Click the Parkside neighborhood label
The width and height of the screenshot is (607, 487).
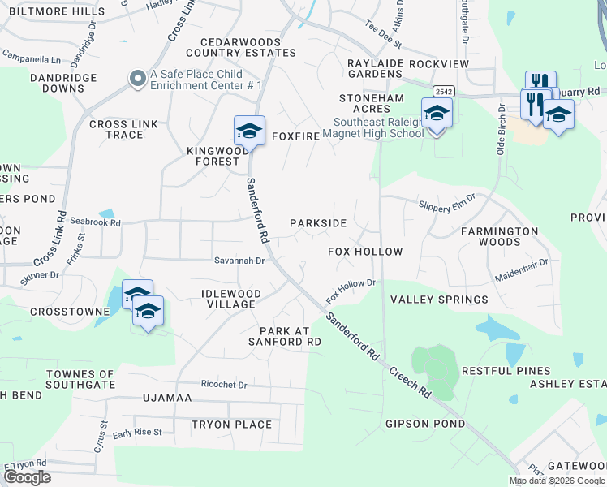pyautogui.click(x=318, y=223)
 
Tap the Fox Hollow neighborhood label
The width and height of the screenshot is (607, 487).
pyautogui.click(x=365, y=252)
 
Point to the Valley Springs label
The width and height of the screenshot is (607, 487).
pyautogui.click(x=439, y=300)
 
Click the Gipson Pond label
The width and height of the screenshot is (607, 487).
pyautogui.click(x=425, y=424)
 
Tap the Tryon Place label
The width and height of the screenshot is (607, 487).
pyautogui.click(x=231, y=425)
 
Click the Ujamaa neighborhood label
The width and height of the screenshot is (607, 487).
pyautogui.click(x=166, y=399)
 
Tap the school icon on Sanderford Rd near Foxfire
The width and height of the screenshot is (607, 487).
pyautogui.click(x=250, y=130)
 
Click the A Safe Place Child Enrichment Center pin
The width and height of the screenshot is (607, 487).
pyautogui.click(x=137, y=78)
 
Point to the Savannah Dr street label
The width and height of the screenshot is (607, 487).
pyautogui.click(x=240, y=261)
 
